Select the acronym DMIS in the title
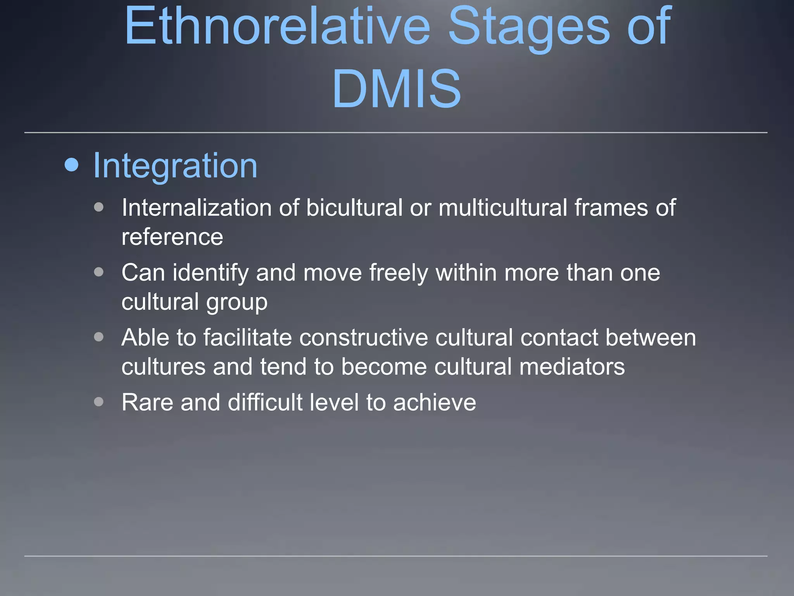[397, 88]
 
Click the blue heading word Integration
[175, 166]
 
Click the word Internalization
[197, 208]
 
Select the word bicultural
[354, 208]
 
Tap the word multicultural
[503, 208]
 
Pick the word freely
[399, 272]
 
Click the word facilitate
[247, 337]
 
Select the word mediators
[572, 367]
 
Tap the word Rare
[147, 402]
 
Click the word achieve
[434, 402]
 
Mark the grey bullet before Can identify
[99, 272]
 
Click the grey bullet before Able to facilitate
[99, 337]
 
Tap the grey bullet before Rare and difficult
[99, 402]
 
